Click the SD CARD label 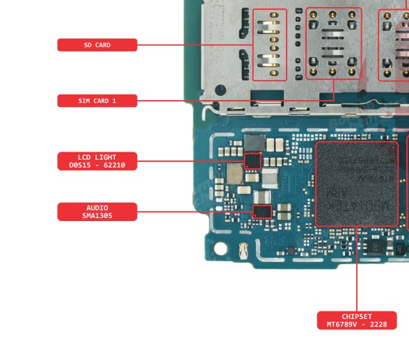pos(97,45)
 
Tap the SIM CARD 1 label pos(97,101)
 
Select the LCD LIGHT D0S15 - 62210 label pos(97,161)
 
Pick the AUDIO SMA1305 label pos(97,212)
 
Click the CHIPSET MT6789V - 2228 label pos(357,320)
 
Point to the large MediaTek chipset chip pos(357,184)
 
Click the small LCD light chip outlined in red pos(252,161)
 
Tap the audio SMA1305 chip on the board pos(262,212)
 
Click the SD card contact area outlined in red pos(270,44)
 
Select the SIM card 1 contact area pos(334,43)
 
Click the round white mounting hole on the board pos(220,248)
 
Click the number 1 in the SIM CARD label pos(114,101)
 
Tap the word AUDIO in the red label pos(97,208)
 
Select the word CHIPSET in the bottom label pos(357,316)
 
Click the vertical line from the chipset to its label pos(357,269)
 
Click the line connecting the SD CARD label pos(195,45)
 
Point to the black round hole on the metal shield pos(220,90)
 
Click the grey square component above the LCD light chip pos(255,143)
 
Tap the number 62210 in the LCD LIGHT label pos(114,165)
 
